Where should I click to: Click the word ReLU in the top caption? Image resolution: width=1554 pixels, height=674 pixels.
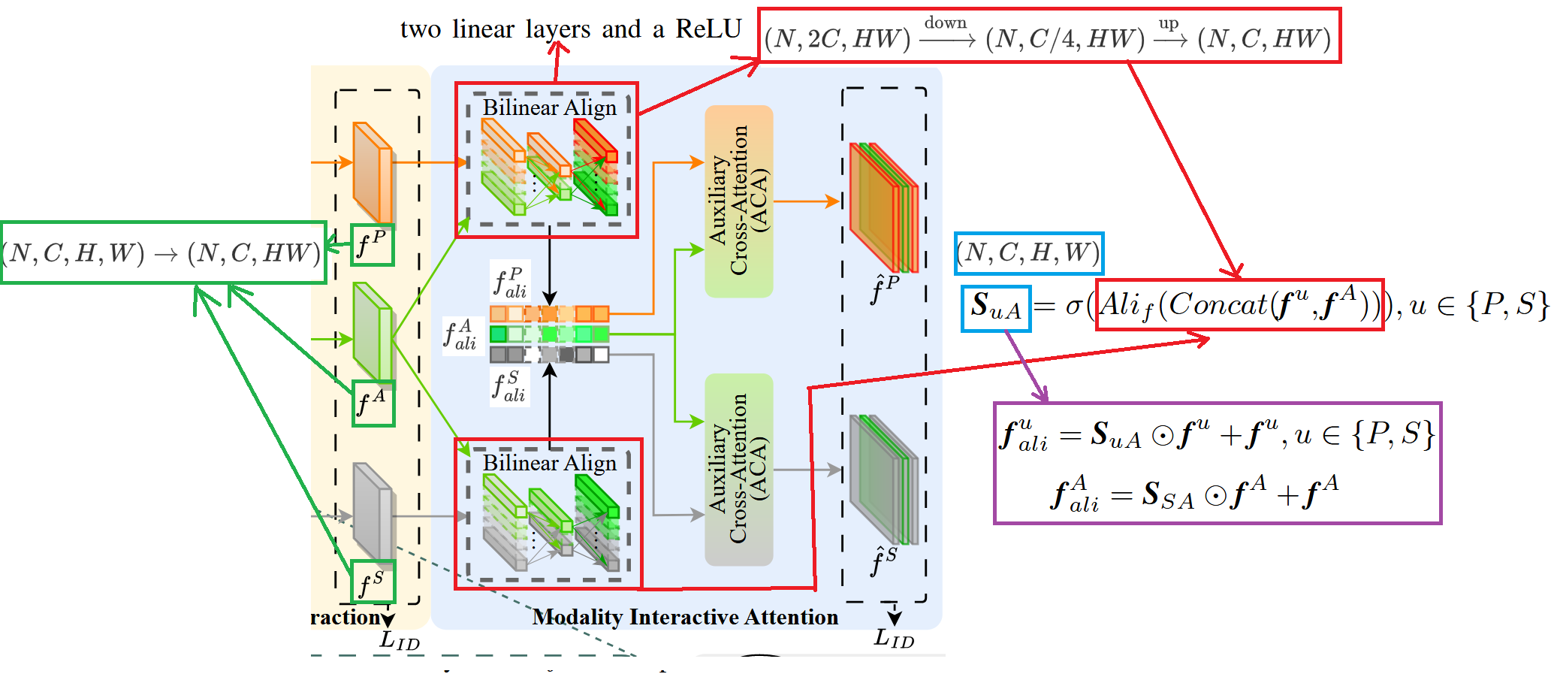[708, 29]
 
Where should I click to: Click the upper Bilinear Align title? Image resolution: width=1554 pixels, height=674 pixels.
[549, 107]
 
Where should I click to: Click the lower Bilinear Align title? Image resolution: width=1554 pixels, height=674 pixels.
[549, 462]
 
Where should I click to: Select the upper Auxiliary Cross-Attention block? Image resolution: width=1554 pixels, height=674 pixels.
[739, 201]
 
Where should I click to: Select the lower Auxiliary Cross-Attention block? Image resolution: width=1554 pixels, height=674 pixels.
[739, 469]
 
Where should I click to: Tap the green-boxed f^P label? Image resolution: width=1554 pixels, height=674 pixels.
[373, 244]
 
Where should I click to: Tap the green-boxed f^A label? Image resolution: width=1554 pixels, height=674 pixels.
[373, 403]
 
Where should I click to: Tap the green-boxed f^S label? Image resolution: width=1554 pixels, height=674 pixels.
[373, 582]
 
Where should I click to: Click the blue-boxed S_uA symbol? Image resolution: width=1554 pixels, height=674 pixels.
[996, 308]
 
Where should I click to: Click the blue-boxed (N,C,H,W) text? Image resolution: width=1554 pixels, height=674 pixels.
[1028, 253]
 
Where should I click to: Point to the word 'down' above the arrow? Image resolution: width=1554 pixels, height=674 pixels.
[945, 23]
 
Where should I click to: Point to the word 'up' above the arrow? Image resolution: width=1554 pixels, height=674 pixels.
[1168, 23]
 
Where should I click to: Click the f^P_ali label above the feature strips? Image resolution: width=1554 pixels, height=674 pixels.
[510, 281]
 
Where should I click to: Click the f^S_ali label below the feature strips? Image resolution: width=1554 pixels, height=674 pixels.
[509, 386]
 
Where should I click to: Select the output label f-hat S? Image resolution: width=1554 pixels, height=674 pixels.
[883, 561]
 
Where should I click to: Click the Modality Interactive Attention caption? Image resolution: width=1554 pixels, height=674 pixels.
[685, 617]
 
